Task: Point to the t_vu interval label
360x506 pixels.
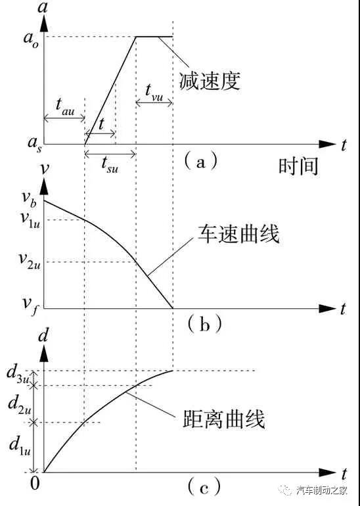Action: pos(154,93)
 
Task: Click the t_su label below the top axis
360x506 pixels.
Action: pos(110,164)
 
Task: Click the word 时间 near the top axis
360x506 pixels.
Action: pos(298,166)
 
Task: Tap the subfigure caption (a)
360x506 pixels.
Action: pos(200,162)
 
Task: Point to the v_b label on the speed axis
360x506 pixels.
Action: pos(31,198)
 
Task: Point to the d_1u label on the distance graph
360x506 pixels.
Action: pos(20,446)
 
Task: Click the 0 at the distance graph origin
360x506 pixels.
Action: pos(35,484)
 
